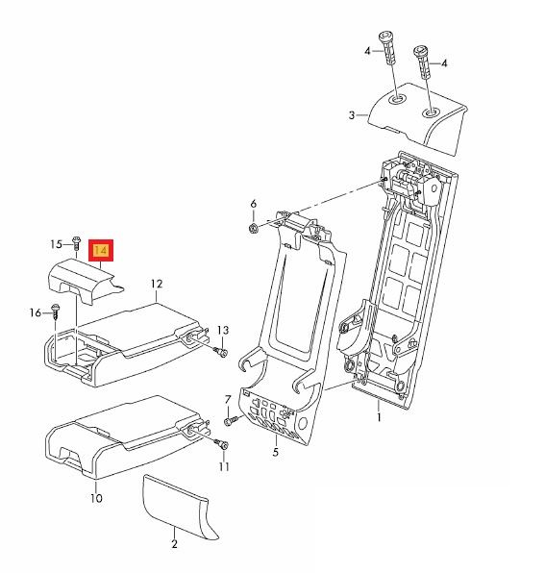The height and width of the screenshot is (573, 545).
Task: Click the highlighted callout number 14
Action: click(101, 250)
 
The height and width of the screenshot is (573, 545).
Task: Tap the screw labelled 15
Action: click(76, 242)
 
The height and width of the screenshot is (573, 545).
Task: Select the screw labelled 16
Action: click(56, 311)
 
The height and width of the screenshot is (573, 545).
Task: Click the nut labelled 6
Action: click(253, 229)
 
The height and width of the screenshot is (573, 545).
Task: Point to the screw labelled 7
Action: click(230, 420)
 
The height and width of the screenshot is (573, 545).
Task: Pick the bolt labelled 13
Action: click(221, 352)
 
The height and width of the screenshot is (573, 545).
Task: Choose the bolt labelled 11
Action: click(222, 444)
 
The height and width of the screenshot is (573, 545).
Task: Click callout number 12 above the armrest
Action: click(157, 284)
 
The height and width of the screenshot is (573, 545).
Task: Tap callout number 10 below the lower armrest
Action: click(96, 498)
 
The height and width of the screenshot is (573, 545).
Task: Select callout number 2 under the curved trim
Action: click(174, 544)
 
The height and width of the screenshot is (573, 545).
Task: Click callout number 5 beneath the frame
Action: click(275, 452)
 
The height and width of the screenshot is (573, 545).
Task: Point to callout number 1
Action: click(379, 417)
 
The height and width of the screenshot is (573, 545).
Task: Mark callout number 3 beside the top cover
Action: click(352, 115)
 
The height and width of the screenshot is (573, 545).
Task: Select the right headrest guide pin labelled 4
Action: click(422, 62)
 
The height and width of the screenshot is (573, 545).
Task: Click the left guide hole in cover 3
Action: click(397, 99)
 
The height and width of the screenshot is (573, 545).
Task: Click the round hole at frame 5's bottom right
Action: click(303, 424)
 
